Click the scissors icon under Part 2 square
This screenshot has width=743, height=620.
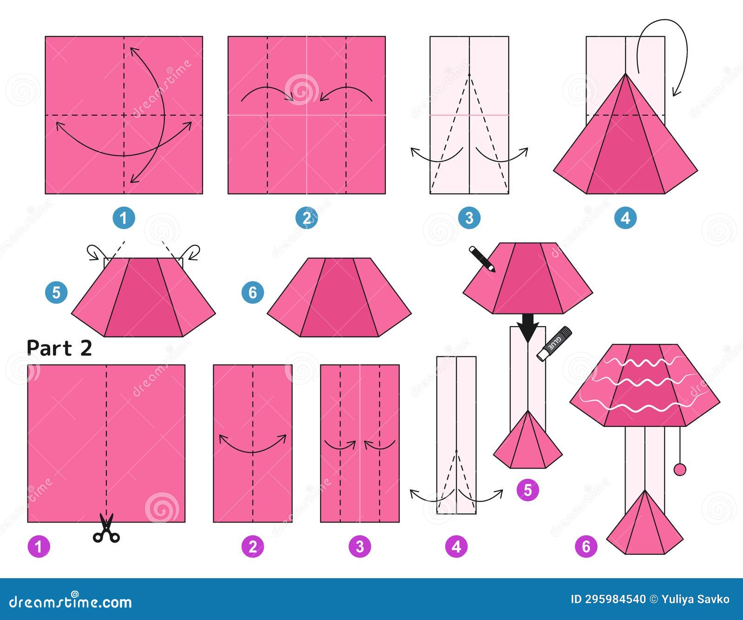pyautogui.click(x=106, y=529)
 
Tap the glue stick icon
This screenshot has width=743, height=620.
pyautogui.click(x=554, y=343)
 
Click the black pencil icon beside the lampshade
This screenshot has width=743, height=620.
pyautogui.click(x=482, y=259)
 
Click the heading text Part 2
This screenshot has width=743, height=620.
pyautogui.click(x=59, y=348)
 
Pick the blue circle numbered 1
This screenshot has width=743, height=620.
pyautogui.click(x=124, y=218)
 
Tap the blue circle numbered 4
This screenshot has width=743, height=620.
pyautogui.click(x=625, y=218)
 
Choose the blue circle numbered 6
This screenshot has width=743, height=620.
pyautogui.click(x=253, y=293)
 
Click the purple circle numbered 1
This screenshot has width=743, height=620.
pyautogui.click(x=39, y=547)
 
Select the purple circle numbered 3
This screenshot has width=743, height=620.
pyautogui.click(x=359, y=547)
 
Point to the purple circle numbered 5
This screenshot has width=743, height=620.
pyautogui.click(x=528, y=490)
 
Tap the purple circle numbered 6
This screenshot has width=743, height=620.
pyautogui.click(x=586, y=547)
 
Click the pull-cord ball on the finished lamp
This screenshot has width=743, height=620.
pyautogui.click(x=680, y=470)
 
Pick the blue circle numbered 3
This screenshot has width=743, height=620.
pyautogui.click(x=469, y=218)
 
